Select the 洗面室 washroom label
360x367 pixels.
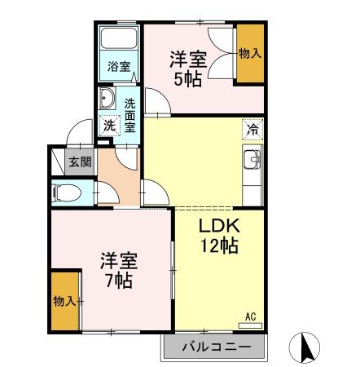[130, 115]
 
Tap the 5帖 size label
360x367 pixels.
[187, 79]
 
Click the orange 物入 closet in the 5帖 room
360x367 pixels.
[249, 54]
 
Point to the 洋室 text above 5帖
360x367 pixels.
[187, 59]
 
